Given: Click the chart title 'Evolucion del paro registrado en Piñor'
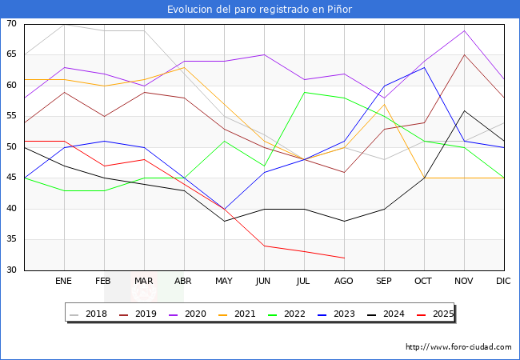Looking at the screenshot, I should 259,10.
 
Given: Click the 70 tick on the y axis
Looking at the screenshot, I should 12,24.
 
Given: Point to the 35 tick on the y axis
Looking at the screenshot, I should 12,240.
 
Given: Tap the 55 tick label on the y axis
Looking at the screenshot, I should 12,117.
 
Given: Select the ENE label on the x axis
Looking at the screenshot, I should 64,282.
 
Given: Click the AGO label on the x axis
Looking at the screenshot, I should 344,282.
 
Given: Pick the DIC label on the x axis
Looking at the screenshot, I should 503,282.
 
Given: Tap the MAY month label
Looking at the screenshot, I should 224,282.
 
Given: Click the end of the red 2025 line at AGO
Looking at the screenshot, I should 344,258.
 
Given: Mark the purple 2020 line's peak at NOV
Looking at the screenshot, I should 464,30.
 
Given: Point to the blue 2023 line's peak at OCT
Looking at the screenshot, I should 424,67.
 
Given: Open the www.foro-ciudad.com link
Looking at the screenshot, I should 458,347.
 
